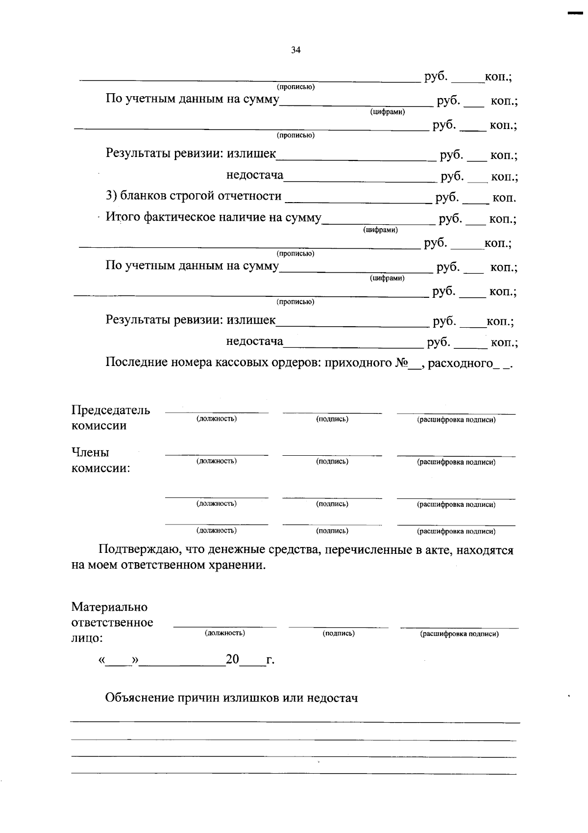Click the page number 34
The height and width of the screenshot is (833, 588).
coord(295,50)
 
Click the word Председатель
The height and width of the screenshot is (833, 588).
coord(111,410)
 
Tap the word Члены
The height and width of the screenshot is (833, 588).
coord(90,452)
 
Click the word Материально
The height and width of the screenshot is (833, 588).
coord(109,607)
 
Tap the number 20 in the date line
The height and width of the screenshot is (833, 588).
coord(232,660)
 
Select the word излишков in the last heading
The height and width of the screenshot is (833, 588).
coord(250,698)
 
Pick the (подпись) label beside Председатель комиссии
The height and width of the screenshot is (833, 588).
coord(332,419)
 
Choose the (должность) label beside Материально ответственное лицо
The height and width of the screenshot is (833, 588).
coord(225,633)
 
